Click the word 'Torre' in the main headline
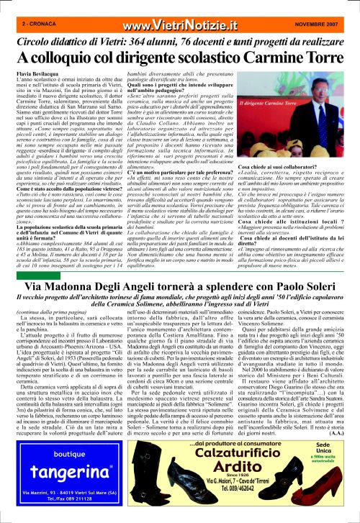pos(320,58)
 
